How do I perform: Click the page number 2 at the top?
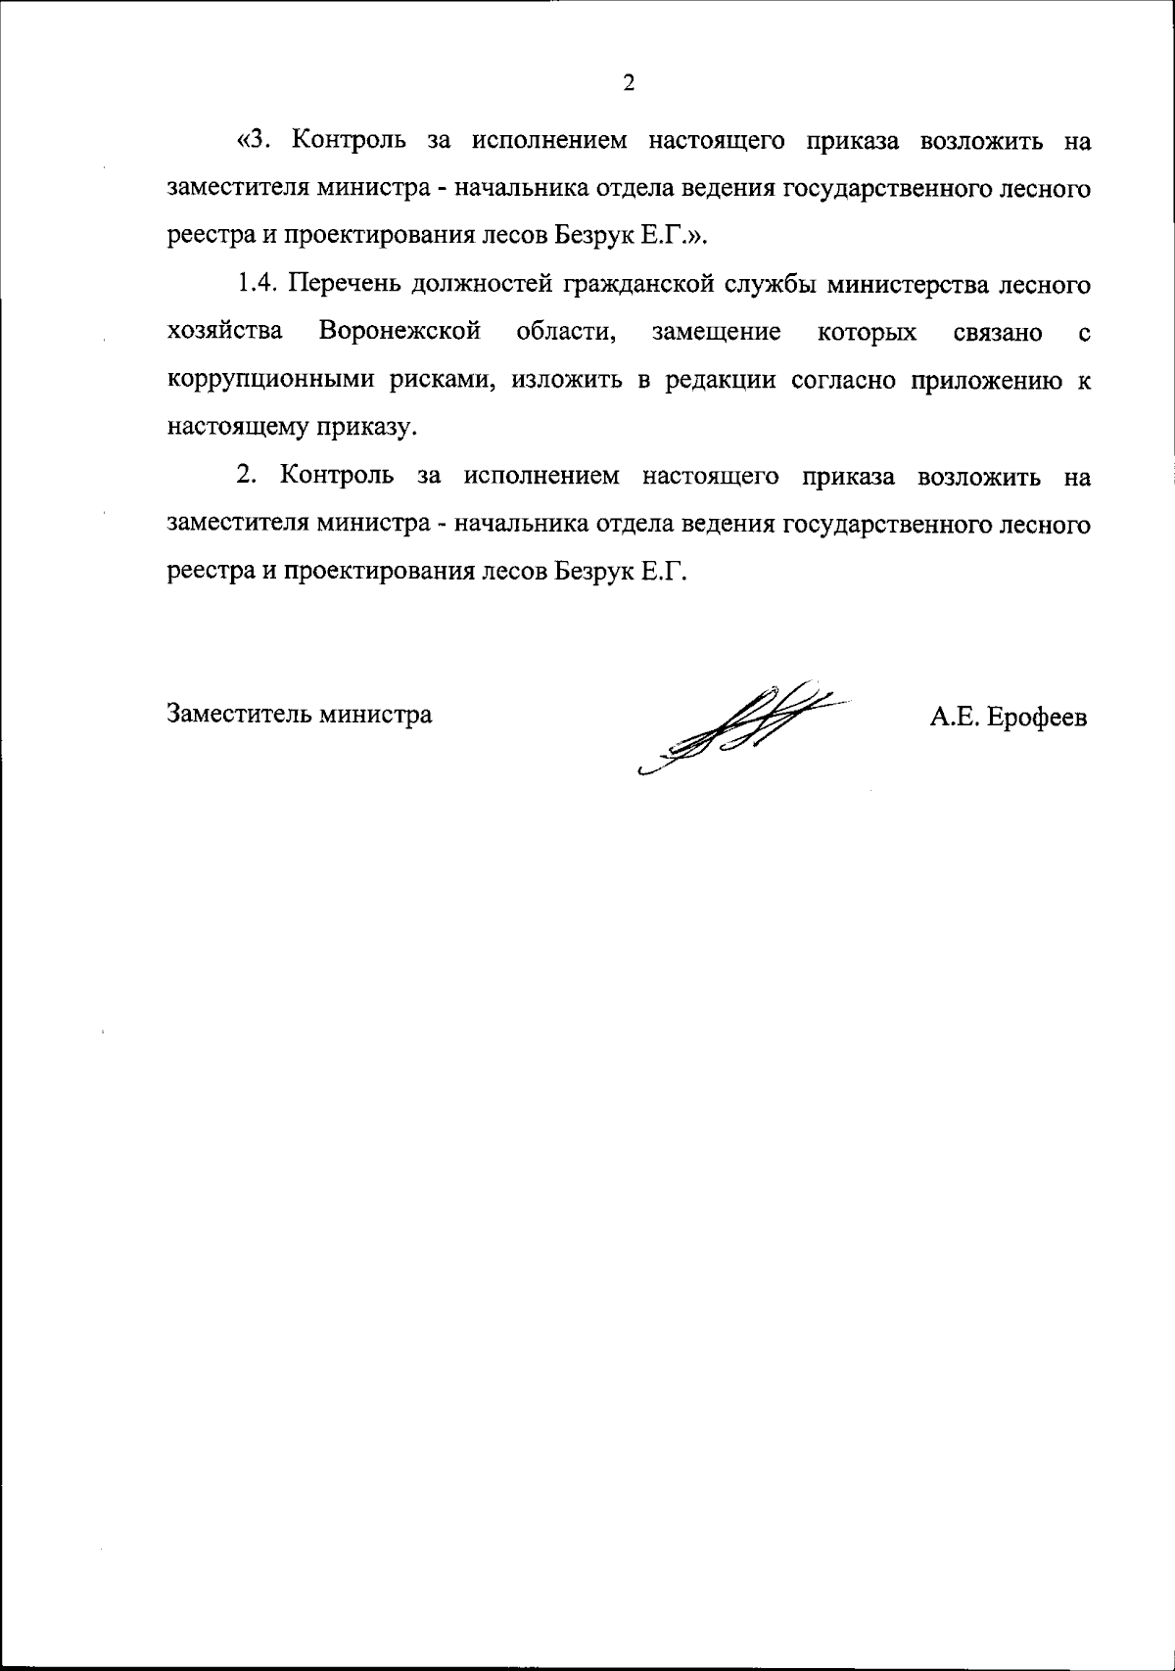coord(629,83)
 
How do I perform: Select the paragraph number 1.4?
coord(258,286)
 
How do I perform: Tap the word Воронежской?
coord(399,333)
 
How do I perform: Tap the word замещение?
coord(716,333)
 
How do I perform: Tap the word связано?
coord(997,333)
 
